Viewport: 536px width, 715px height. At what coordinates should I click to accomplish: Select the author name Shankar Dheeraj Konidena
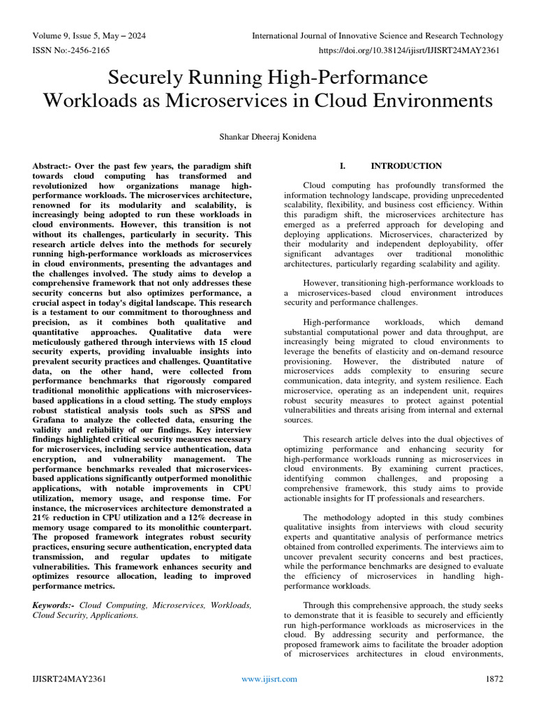pyautogui.click(x=268, y=138)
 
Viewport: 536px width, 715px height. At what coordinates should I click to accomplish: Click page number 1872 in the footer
pyautogui.click(x=494, y=679)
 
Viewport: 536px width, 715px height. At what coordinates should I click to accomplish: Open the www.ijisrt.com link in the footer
pyautogui.click(x=269, y=679)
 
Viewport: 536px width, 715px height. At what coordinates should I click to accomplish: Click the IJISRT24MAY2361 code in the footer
pyautogui.click(x=69, y=679)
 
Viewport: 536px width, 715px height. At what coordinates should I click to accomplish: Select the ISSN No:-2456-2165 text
pyautogui.click(x=70, y=51)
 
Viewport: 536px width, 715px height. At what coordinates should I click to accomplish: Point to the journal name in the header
pyautogui.click(x=377, y=36)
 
